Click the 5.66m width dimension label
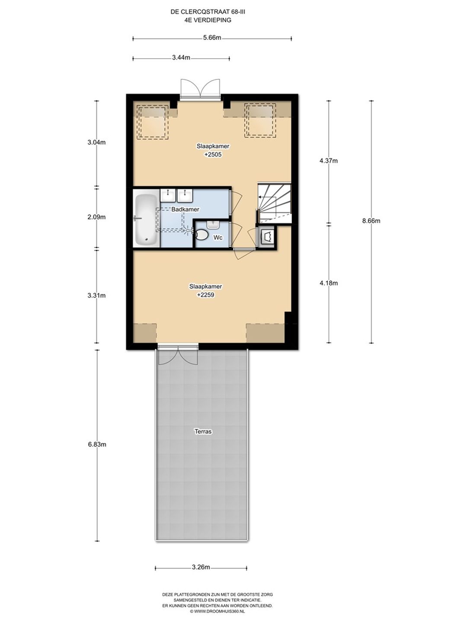(x=212, y=38)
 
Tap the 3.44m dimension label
(x=181, y=58)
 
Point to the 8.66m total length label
(x=371, y=221)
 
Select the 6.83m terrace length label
(x=97, y=444)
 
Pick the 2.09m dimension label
(x=97, y=217)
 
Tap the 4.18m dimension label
(x=329, y=283)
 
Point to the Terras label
(x=203, y=431)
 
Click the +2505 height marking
(x=213, y=154)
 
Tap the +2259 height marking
(x=205, y=295)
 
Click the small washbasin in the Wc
(x=212, y=225)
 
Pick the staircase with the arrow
(x=274, y=203)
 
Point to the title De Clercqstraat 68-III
(x=206, y=12)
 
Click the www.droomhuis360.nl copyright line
(x=217, y=611)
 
